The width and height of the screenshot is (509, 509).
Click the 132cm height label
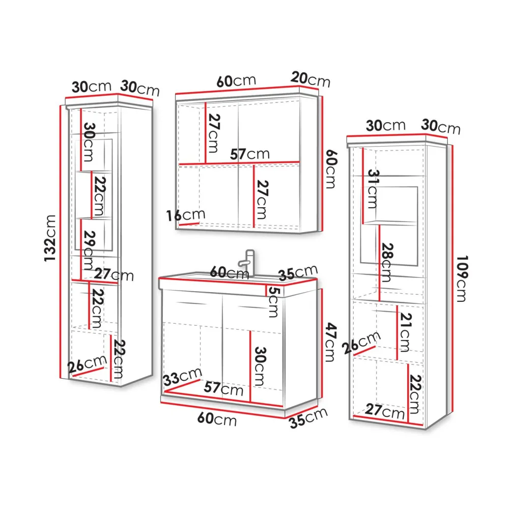(x=50, y=238)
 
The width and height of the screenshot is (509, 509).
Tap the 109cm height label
(x=462, y=278)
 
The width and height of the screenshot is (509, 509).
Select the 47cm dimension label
(x=331, y=342)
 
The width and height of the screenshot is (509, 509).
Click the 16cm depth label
(x=186, y=215)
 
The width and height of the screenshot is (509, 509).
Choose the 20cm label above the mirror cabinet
(x=310, y=79)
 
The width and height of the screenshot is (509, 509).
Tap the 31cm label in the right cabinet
(x=373, y=189)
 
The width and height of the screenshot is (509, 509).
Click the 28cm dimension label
(x=386, y=262)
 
